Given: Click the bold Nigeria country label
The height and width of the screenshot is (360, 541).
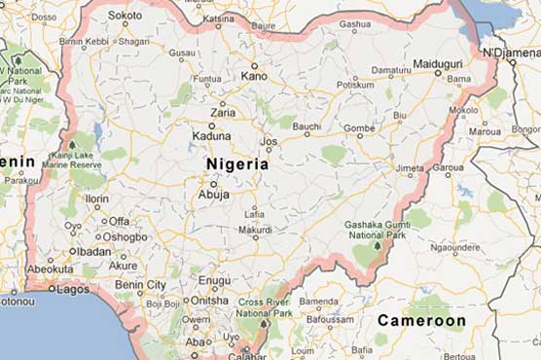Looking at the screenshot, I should pyautogui.click(x=237, y=164).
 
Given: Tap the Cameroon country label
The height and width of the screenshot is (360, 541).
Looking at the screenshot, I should pyautogui.click(x=421, y=320).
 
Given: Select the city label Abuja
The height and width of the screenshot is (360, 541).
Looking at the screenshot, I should pyautogui.click(x=213, y=194).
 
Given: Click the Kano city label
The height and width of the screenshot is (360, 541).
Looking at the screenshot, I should pyautogui.click(x=253, y=75).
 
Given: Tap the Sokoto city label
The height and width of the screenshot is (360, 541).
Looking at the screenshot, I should pyautogui.click(x=125, y=16).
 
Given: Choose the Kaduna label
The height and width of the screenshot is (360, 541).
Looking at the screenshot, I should pyautogui.click(x=211, y=136).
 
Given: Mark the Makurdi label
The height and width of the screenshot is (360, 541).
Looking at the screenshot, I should pyautogui.click(x=255, y=231).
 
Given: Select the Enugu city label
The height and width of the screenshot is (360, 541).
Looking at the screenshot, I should pyautogui.click(x=214, y=280).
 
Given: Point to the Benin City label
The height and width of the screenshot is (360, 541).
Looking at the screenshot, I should pyautogui.click(x=141, y=284).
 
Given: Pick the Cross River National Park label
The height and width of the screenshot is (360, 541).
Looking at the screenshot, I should pyautogui.click(x=265, y=308).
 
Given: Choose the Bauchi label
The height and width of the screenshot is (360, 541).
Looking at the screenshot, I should pyautogui.click(x=307, y=126).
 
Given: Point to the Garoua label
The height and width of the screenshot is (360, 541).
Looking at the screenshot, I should pyautogui.click(x=448, y=167).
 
